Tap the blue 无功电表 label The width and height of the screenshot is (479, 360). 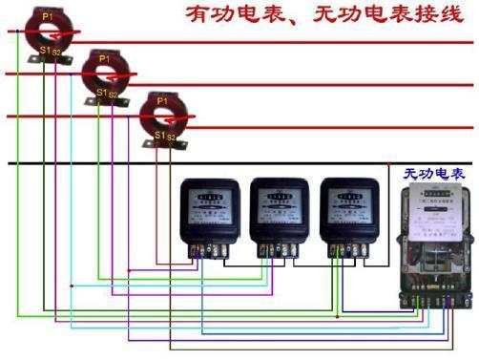pyautogui.click(x=432, y=175)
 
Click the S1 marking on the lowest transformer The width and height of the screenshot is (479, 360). pyautogui.click(x=159, y=135)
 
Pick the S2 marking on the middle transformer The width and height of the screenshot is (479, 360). pyautogui.click(x=114, y=95)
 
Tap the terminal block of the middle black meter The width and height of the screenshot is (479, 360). pyautogui.click(x=277, y=251)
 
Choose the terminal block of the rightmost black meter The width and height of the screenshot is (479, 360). pyautogui.click(x=346, y=251)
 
